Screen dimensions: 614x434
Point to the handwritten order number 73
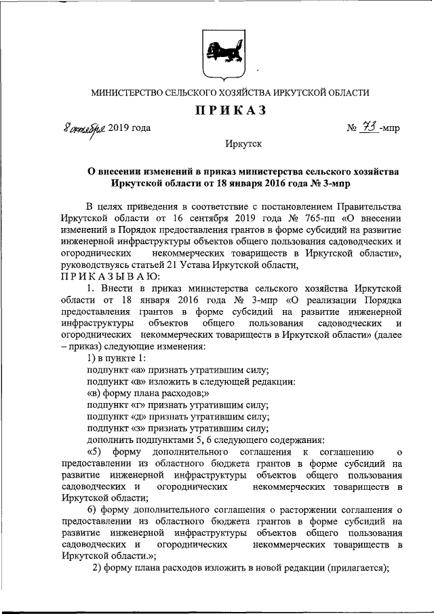tap(369, 127)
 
